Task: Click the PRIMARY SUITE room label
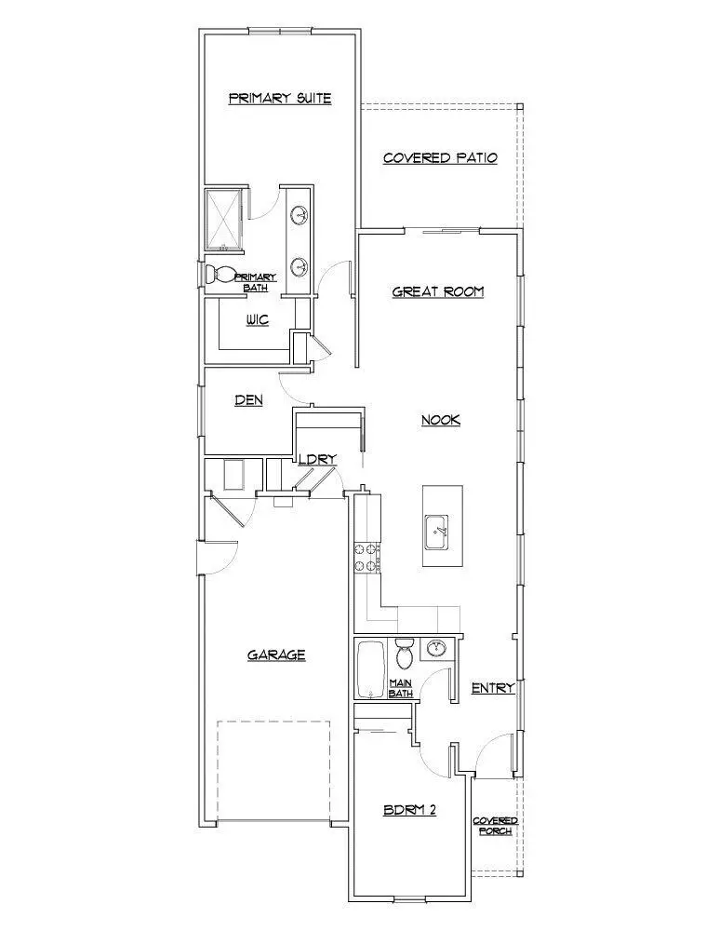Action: (280, 99)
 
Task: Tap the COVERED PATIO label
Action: (440, 158)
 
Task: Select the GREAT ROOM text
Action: (438, 291)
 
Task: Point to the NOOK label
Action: (441, 420)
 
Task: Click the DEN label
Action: (248, 400)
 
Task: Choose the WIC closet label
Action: (258, 320)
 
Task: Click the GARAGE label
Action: (276, 654)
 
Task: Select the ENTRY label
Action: (493, 688)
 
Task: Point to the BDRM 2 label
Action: (410, 810)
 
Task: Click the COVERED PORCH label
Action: (495, 825)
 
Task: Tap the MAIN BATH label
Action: (400, 687)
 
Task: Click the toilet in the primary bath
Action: (221, 275)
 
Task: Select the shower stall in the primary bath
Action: (225, 220)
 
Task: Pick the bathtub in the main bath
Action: (370, 668)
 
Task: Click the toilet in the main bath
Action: (404, 654)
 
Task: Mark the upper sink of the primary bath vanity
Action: (300, 217)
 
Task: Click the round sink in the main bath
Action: (436, 649)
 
